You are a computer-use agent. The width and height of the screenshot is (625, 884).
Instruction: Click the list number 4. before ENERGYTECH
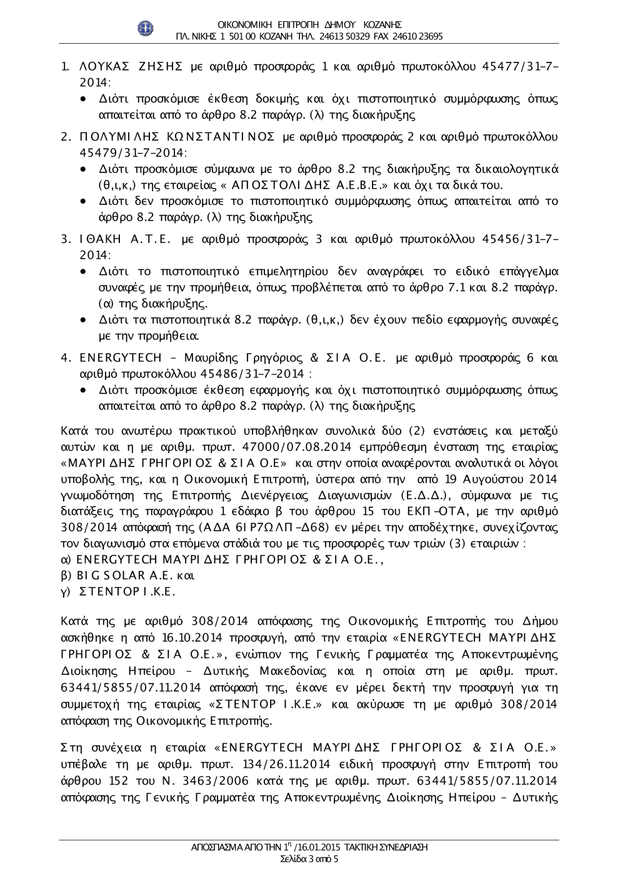[x=64, y=358]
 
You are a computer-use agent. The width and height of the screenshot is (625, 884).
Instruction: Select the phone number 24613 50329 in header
[x=338, y=36]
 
